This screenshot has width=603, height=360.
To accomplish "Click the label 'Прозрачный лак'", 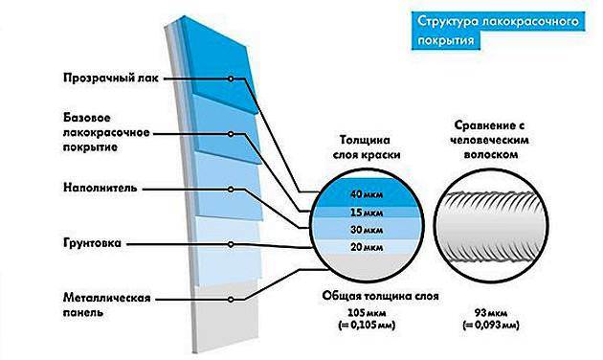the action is (x=111, y=79).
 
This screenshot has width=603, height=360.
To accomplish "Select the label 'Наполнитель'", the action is (x=100, y=188).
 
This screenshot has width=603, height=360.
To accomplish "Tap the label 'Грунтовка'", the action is (x=92, y=243).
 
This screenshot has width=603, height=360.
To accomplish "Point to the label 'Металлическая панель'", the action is (x=106, y=305).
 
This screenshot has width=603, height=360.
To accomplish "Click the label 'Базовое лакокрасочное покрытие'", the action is (x=106, y=133).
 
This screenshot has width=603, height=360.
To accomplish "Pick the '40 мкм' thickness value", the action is (x=367, y=194).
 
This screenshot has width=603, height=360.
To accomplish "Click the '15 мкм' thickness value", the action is (x=367, y=213).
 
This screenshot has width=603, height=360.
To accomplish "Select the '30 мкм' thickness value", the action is (x=367, y=230).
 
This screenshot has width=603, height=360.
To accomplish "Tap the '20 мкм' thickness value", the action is (x=367, y=247).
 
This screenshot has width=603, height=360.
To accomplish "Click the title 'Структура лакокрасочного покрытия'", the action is (x=498, y=31).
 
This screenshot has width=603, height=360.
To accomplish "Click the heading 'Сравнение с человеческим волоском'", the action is (x=489, y=140).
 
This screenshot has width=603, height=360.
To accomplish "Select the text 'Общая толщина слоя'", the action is (x=380, y=296).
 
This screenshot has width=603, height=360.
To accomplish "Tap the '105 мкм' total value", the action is (x=367, y=312).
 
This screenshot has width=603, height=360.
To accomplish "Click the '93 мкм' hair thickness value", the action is (x=491, y=313).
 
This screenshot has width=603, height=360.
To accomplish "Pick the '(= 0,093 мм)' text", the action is (x=491, y=326).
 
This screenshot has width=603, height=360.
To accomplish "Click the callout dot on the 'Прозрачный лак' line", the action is (x=231, y=79).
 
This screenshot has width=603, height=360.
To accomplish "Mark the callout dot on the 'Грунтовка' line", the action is (x=231, y=244).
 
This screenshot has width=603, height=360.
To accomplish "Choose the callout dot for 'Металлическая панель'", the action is (x=231, y=300).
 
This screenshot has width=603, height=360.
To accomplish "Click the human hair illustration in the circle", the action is (x=493, y=227).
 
